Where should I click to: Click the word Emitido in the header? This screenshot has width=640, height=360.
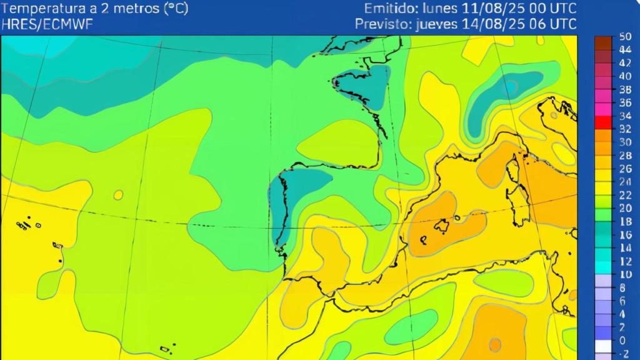(x=391, y=9)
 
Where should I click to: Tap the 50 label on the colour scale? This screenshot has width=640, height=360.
(x=625, y=37)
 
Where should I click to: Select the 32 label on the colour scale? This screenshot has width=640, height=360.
(x=625, y=129)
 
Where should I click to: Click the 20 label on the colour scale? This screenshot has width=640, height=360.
(x=625, y=208)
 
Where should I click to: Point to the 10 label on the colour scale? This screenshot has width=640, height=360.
(x=625, y=274)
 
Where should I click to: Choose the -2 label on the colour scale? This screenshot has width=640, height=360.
(x=625, y=354)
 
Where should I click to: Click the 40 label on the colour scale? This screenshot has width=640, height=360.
(x=625, y=76)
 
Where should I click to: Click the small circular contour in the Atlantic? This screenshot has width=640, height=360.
(x=118, y=195)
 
